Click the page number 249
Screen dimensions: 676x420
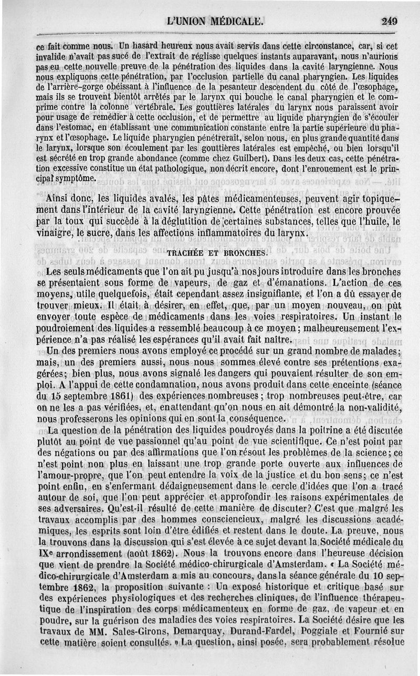390,22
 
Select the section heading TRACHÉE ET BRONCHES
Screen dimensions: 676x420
217,252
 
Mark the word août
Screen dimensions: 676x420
139,553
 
